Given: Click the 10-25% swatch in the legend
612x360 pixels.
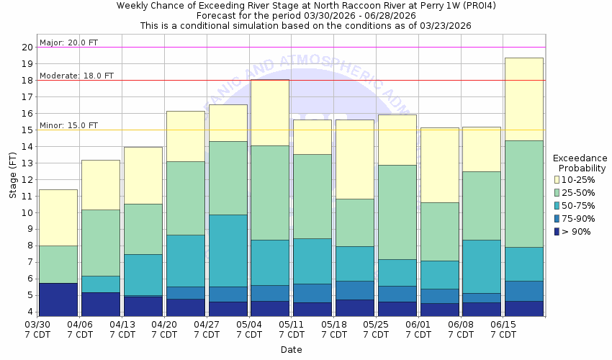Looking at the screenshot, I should (x=557, y=179).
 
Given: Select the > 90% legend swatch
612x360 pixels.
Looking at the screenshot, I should (x=557, y=230).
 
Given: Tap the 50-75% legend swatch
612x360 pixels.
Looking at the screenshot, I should (x=557, y=204).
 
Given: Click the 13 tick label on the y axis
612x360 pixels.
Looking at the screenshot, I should (x=27, y=163).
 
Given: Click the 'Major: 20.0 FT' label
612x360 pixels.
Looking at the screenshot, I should (x=69, y=42).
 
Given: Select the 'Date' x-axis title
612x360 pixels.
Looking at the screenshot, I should (x=292, y=350).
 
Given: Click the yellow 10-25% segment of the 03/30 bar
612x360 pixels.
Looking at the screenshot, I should (x=58, y=217).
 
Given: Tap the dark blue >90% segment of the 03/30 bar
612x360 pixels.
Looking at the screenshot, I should (x=58, y=300).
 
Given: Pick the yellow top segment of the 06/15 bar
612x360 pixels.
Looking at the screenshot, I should (x=524, y=99).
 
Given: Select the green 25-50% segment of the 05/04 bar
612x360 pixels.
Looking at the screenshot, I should (x=270, y=192).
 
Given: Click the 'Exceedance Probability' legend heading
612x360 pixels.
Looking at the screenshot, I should (x=580, y=163).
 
